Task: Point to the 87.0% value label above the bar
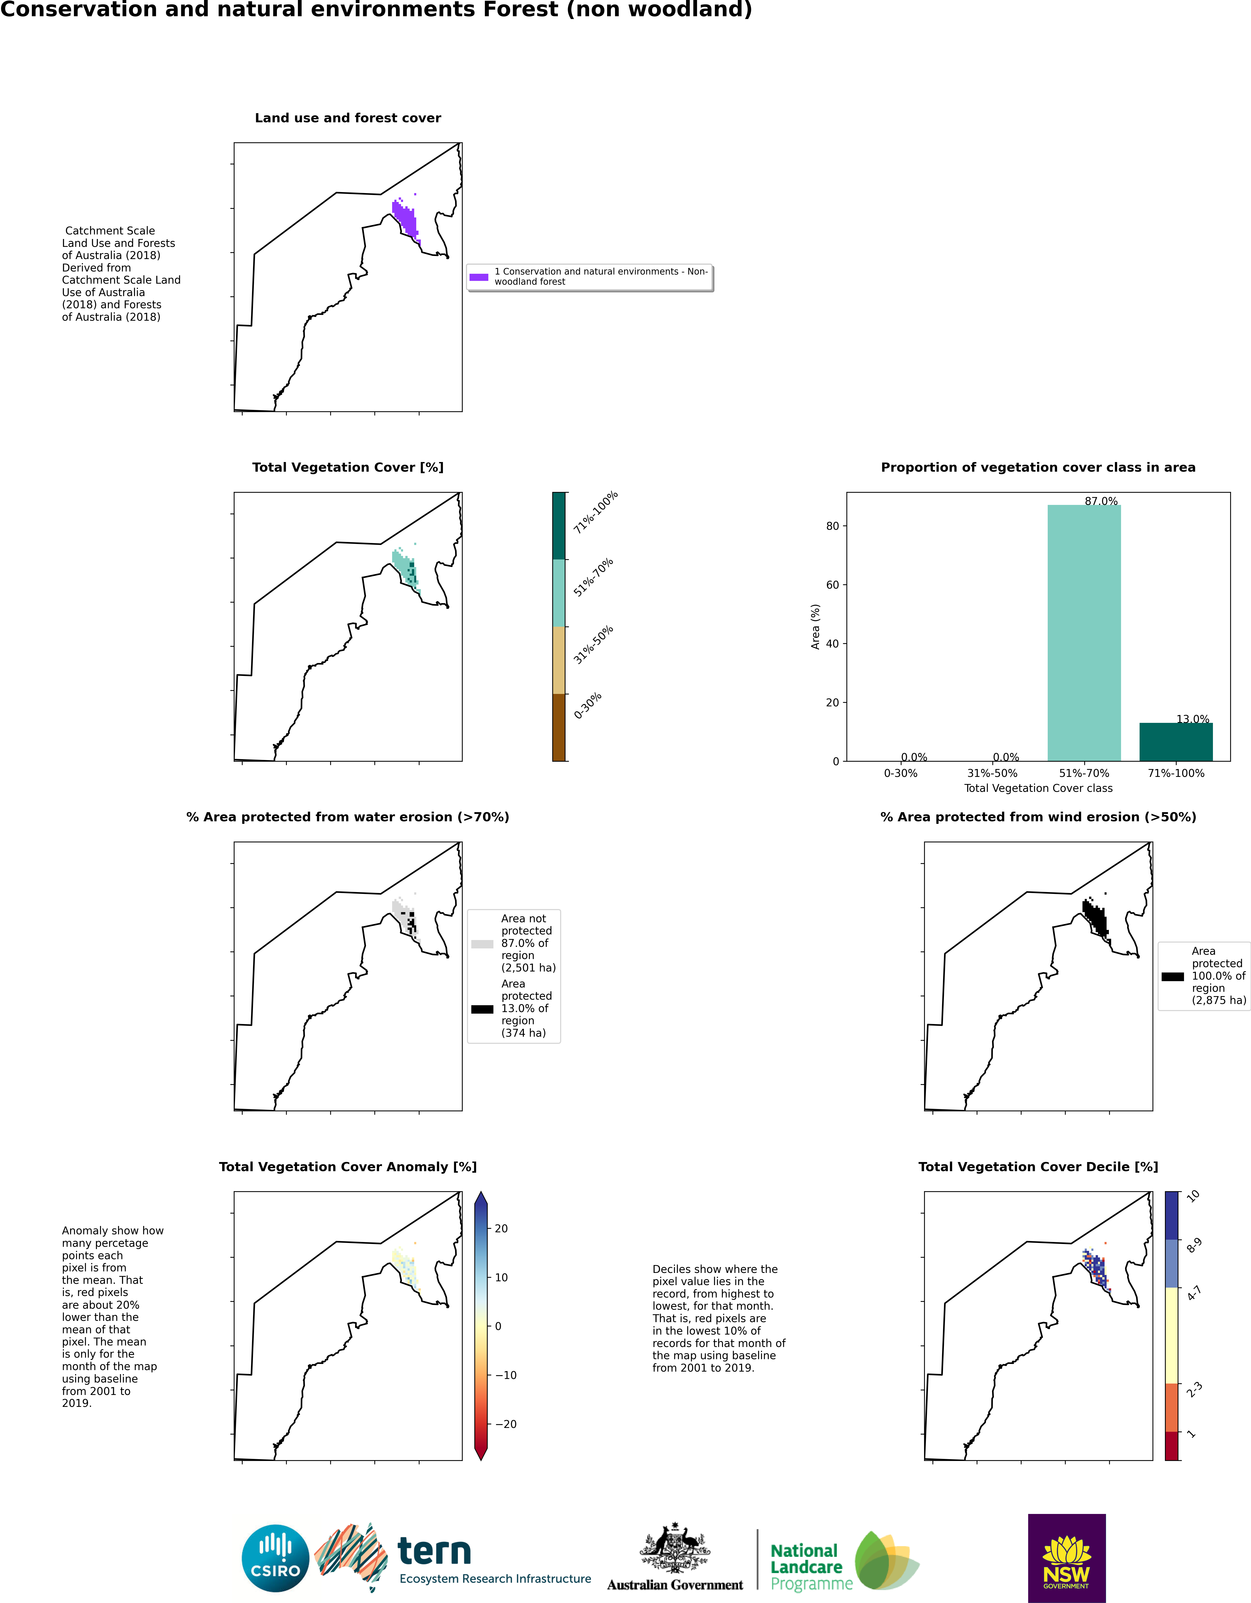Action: (1100, 501)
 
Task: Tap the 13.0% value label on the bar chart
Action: (1192, 719)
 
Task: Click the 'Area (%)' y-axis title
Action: (815, 626)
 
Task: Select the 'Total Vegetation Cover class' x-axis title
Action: (1037, 788)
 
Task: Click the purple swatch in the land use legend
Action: (479, 277)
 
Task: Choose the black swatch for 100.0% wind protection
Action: (1172, 977)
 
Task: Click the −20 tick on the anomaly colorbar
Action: (505, 1424)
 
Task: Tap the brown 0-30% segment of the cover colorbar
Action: (559, 727)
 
